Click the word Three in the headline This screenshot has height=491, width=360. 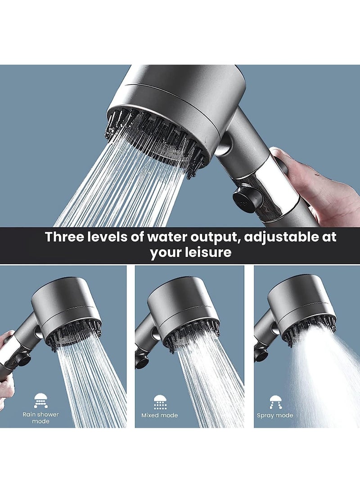coord(66,237)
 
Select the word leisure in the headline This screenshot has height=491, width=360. coord(208,252)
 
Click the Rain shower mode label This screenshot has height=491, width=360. coord(41,417)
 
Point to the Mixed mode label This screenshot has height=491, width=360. coord(160,415)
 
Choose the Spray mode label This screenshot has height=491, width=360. coord(275,415)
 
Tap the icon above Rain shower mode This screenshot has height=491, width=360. coord(41,401)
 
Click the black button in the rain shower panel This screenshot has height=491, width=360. coord(23,359)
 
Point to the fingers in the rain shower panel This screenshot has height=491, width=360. coord(6,387)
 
